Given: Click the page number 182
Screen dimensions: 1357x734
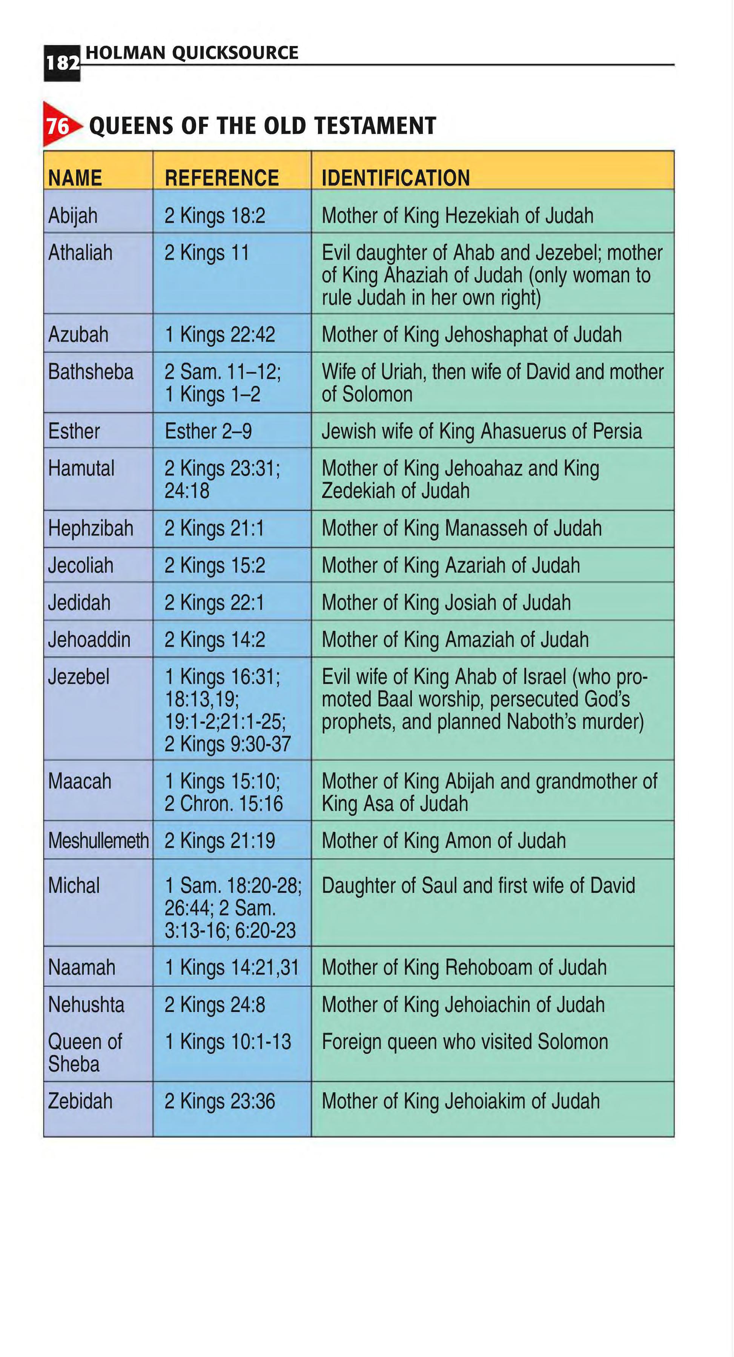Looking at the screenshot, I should coord(62,63).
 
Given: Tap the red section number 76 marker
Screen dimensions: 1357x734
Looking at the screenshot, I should coord(58,126).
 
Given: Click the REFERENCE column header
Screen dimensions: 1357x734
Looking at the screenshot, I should coord(221,178).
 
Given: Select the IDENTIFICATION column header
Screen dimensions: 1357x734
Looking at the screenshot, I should coord(395,178).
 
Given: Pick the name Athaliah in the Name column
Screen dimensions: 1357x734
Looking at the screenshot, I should coord(80,253).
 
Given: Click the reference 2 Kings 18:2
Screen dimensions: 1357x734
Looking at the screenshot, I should coord(215,215).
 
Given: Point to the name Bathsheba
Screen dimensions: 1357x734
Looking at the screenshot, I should coord(91,372).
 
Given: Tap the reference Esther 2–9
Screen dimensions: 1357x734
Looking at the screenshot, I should coord(208,431).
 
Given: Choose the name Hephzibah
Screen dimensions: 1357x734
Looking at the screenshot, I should coord(91,528).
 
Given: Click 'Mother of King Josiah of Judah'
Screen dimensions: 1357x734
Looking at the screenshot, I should coord(446,603).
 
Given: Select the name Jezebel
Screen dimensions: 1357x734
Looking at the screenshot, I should coord(79,677).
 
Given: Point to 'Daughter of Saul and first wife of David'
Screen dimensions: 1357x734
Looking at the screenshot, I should coord(478,886).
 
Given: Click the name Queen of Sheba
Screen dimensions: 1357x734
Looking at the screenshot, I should coord(85,1052).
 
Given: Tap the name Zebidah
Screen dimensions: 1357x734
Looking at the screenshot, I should coord(80,1101).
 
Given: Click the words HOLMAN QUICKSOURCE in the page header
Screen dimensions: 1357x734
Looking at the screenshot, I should coord(192,53).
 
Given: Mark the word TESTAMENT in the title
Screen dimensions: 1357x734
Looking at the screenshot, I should coord(375,126).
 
